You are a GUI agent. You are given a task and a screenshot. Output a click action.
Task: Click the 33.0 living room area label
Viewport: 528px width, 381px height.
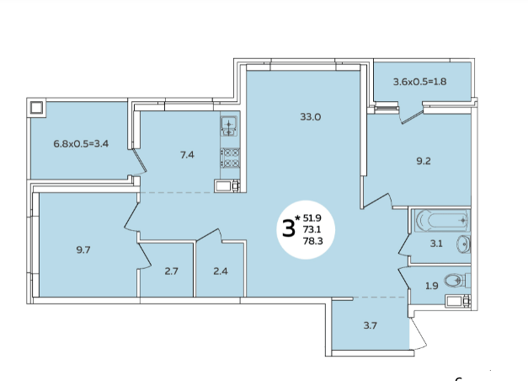pos(310,117)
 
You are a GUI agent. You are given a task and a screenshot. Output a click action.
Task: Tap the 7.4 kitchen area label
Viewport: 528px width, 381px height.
pos(187,155)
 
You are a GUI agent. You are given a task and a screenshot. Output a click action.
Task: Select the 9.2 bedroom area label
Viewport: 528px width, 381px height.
pos(424,161)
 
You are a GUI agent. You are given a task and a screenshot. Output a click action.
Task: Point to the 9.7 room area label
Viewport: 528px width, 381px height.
pos(83,250)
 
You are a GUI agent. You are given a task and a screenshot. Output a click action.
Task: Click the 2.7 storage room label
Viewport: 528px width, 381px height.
pos(172,271)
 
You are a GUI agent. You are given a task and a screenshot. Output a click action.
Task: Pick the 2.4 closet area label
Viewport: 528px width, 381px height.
pos(221,271)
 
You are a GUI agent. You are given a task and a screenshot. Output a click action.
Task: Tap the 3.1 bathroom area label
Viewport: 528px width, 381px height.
pos(436,244)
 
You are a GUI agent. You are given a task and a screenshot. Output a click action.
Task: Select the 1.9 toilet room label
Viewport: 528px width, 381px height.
pos(432,286)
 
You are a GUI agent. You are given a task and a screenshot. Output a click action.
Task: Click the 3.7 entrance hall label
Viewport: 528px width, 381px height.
pos(370,325)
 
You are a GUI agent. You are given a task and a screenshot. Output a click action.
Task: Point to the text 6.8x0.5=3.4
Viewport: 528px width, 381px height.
pos(81,144)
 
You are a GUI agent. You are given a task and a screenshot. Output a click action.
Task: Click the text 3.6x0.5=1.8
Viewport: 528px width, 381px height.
pos(420,82)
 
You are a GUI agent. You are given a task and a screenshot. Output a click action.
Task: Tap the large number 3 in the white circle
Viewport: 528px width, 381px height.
pos(288,228)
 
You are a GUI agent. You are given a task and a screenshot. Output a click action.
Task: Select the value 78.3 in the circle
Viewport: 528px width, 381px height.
pos(312,241)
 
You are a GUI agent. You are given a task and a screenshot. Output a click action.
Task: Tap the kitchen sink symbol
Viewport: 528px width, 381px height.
pos(229,126)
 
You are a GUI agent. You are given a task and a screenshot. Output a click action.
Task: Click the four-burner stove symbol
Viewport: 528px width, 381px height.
pos(231,158)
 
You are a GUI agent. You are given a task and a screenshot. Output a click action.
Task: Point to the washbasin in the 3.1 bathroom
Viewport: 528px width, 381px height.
pos(463,244)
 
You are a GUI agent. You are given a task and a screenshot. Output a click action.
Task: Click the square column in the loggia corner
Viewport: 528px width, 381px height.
pos(36,108)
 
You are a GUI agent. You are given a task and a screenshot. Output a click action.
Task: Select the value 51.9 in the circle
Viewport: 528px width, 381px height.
pos(312,217)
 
